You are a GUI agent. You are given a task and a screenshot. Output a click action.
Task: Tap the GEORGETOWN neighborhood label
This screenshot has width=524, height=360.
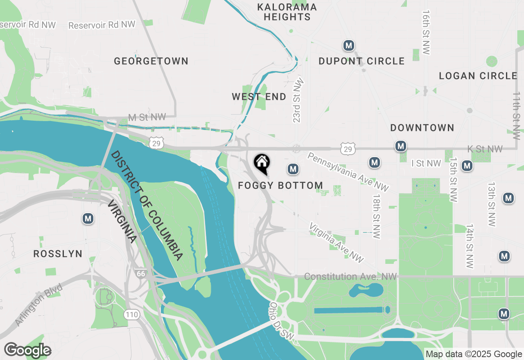(151, 61)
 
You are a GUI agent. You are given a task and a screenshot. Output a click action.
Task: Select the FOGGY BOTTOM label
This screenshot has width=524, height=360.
(280, 186)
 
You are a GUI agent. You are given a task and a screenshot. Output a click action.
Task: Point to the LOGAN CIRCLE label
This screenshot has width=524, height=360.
(478, 76)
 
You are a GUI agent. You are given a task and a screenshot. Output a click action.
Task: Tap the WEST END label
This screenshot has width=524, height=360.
(259, 97)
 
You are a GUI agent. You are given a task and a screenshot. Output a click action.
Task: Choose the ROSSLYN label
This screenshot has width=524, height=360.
(58, 254)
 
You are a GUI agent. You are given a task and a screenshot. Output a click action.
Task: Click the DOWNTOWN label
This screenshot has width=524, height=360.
(422, 128)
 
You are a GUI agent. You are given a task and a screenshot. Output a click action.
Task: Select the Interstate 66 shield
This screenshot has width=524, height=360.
(141, 273)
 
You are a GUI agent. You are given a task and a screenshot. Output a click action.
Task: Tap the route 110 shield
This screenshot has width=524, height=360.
(132, 315)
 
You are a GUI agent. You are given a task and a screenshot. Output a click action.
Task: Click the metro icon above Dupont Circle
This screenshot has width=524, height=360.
(348, 45)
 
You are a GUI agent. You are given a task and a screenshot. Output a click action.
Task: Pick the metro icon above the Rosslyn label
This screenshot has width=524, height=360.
(88, 218)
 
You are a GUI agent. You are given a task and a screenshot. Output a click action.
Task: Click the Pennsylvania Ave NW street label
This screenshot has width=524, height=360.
(348, 172)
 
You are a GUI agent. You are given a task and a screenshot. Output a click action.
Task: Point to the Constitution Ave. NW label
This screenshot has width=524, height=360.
(350, 277)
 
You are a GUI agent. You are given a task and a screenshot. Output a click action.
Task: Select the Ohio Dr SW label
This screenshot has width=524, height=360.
(281, 321)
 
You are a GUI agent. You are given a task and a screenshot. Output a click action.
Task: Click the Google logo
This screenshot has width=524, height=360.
(27, 350)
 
